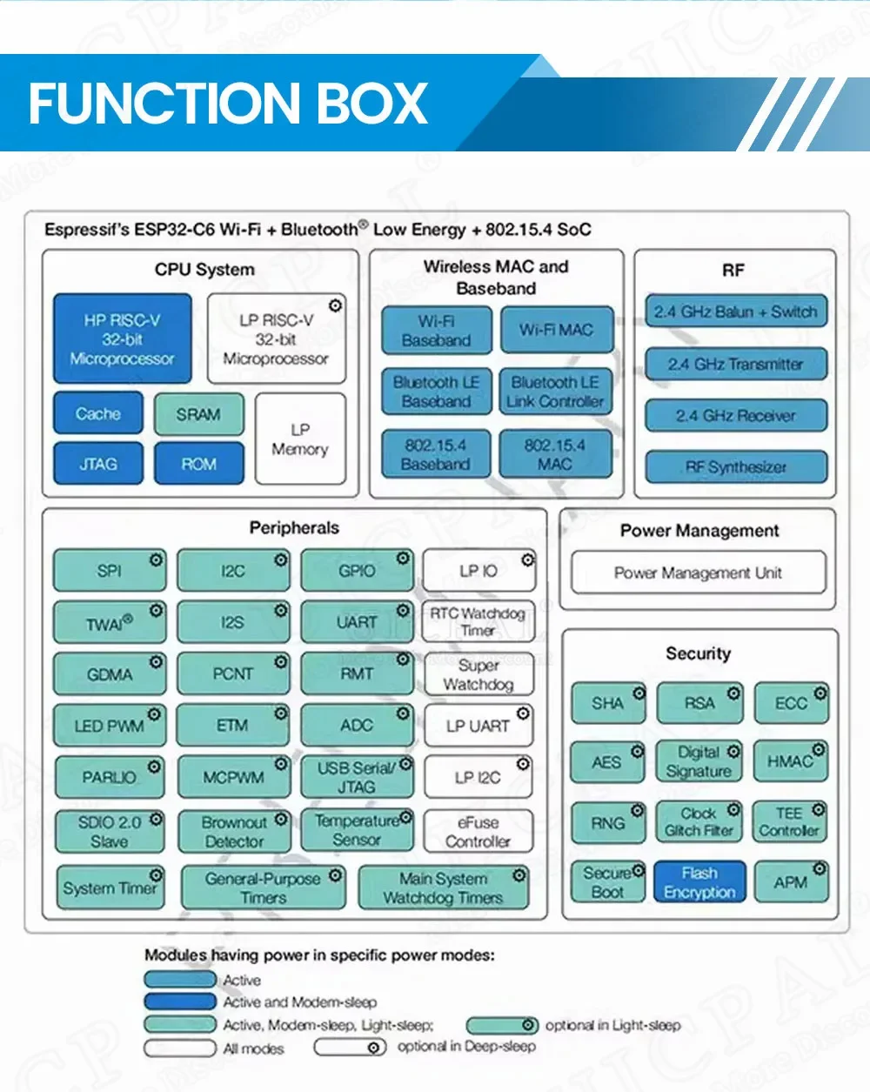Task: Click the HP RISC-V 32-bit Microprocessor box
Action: (x=122, y=339)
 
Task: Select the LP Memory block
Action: (x=300, y=439)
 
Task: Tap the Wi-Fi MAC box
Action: (x=557, y=330)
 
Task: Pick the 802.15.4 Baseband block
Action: (x=436, y=454)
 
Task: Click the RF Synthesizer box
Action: (x=736, y=466)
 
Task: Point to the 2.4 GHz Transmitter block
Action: (x=736, y=365)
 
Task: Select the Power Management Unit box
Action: (x=698, y=573)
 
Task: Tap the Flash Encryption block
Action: (x=699, y=882)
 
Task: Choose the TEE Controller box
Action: (x=789, y=822)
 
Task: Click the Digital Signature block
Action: (x=699, y=761)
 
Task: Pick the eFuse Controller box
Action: (x=478, y=832)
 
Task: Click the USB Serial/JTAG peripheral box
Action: (x=357, y=777)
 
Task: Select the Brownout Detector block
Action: (x=234, y=832)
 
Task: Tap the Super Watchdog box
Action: (x=478, y=674)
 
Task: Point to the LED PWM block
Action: (x=110, y=726)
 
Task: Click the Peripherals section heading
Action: (x=294, y=527)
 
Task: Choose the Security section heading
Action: (x=698, y=653)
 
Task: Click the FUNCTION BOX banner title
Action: (x=228, y=104)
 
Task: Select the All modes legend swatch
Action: (x=179, y=1048)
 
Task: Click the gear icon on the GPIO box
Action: (x=404, y=559)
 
